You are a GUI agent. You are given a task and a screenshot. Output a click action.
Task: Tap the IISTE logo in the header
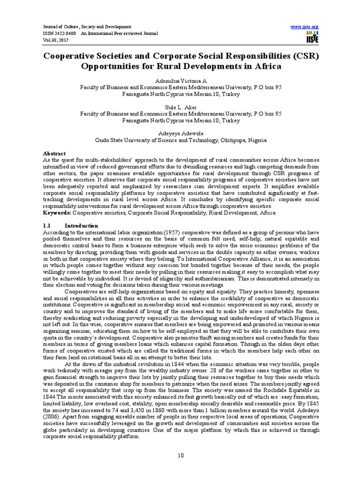[x=312, y=38]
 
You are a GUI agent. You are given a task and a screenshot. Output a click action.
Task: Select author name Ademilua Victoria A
[x=181, y=81]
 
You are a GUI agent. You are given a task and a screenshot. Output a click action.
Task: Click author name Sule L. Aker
[x=181, y=107]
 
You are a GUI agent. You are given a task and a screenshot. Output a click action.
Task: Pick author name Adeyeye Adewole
[x=181, y=134]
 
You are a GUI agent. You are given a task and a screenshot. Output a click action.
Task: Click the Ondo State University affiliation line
[x=181, y=140]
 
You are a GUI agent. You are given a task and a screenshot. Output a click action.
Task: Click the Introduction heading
[x=81, y=226]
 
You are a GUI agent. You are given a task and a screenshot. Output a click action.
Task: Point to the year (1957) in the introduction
[x=172, y=233]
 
